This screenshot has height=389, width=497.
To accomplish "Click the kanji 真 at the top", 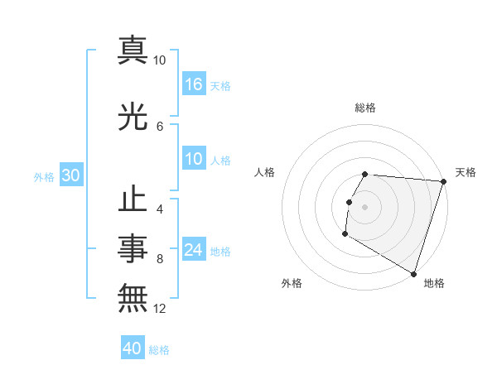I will (x=133, y=51).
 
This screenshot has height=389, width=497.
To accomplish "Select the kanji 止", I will (x=133, y=200).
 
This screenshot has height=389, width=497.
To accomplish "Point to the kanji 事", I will (x=133, y=248).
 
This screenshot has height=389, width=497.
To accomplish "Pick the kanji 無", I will (x=133, y=297).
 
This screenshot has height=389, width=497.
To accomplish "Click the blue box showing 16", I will (x=194, y=84).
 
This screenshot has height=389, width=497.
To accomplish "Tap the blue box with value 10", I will (x=194, y=160).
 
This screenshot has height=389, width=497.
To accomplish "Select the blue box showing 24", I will (x=194, y=251).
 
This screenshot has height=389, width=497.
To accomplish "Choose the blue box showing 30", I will (x=70, y=176).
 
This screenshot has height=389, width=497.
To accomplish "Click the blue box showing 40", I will (x=133, y=348).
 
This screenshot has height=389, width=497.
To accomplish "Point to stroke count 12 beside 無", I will (x=160, y=309).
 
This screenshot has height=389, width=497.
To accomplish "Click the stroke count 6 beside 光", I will (x=160, y=126).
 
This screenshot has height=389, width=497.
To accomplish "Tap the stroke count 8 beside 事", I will (x=160, y=259).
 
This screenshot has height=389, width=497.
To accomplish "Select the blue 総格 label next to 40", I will (x=159, y=350).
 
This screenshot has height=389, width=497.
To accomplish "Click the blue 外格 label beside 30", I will (x=44, y=177).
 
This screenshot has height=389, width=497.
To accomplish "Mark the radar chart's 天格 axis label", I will (x=466, y=172).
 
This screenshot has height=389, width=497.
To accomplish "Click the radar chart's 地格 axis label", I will (x=434, y=283).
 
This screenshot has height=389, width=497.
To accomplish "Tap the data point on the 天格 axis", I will (x=443, y=181).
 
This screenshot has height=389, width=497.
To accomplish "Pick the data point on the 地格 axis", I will (x=413, y=273).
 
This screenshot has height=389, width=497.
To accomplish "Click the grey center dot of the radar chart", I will (x=364, y=207).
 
